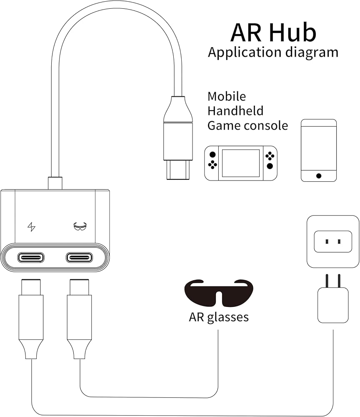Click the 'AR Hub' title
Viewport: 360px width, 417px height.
[x=273, y=33]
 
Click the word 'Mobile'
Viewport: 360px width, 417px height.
[x=227, y=96]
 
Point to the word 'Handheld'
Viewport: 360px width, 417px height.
[x=235, y=111]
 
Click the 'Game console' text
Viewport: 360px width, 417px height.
[x=247, y=126]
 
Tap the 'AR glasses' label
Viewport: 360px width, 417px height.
[x=219, y=317]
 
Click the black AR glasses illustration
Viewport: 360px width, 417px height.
[x=219, y=292]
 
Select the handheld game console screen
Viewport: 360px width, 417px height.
[x=241, y=163]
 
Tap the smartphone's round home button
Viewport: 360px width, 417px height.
[x=319, y=176]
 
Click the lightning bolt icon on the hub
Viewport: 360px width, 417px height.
[x=31, y=227]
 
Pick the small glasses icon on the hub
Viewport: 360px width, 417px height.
[x=80, y=226]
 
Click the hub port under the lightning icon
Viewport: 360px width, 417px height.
[x=31, y=257]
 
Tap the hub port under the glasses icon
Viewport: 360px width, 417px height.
[x=79, y=257]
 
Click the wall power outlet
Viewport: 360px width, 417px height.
[x=333, y=241]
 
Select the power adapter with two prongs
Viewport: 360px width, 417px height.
[x=333, y=299]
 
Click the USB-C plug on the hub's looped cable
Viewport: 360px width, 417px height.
[x=178, y=138]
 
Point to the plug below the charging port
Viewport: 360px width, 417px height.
[x=31, y=319]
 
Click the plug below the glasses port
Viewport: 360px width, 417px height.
[x=80, y=319]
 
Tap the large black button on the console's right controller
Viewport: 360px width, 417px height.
[x=270, y=166]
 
